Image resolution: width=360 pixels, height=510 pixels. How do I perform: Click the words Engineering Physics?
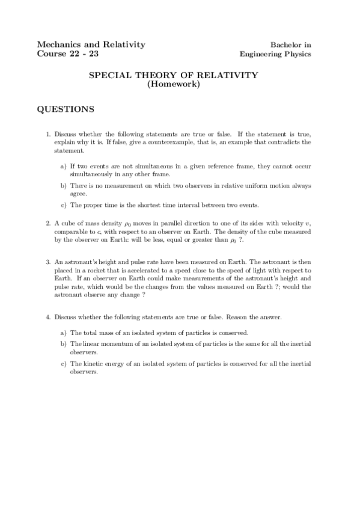(275, 54)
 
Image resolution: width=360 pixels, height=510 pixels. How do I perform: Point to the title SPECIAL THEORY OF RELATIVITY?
(174, 75)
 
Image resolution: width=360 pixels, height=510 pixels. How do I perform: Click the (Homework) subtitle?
(174, 84)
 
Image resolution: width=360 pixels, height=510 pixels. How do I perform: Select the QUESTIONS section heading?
(66, 109)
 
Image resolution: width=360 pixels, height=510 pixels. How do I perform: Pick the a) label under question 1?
(63, 165)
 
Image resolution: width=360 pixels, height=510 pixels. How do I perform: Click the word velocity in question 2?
(286, 223)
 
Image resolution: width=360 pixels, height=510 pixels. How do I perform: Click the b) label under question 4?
(63, 343)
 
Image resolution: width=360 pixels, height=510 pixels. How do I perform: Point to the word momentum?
(117, 343)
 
